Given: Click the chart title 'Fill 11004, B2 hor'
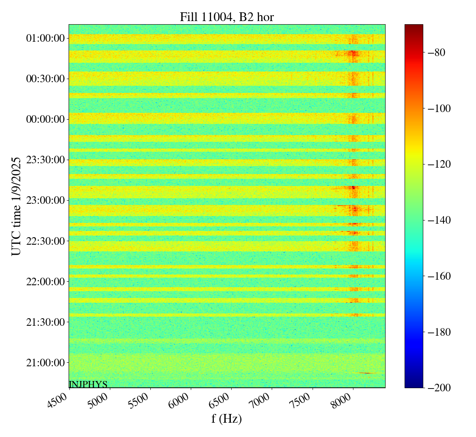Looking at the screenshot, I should click(226, 17).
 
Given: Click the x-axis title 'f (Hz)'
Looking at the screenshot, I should click(226, 418).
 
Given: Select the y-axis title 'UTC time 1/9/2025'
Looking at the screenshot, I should click(16, 206).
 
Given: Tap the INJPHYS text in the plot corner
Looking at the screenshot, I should click(88, 384).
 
